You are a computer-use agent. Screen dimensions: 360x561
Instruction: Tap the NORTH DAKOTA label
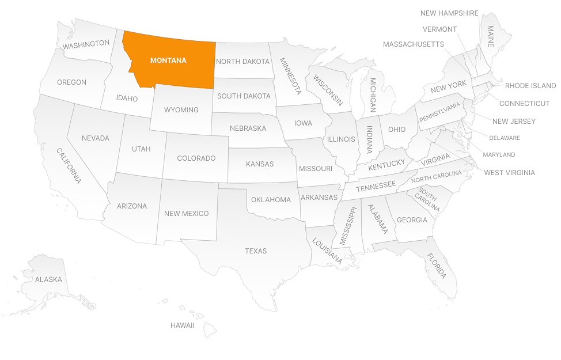click(242, 62)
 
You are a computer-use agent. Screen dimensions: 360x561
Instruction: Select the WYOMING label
click(181, 110)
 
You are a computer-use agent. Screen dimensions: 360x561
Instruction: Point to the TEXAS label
click(256, 251)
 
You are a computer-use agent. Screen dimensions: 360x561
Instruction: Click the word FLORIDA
click(437, 266)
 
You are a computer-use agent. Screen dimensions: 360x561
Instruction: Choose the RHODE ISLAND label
click(530, 86)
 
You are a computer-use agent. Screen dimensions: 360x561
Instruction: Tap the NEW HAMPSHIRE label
click(449, 13)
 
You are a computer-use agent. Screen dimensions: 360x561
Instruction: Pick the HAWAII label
click(182, 325)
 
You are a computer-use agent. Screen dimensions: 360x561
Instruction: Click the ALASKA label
click(48, 279)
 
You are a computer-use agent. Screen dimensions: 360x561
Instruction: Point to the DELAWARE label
click(505, 138)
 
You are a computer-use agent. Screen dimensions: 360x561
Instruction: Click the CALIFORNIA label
click(69, 166)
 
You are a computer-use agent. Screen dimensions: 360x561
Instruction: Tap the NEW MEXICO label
click(186, 214)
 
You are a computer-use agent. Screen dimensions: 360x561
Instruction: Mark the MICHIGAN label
click(373, 95)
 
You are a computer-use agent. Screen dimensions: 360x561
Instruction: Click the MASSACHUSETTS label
click(413, 44)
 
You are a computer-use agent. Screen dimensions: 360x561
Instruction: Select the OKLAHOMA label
click(271, 200)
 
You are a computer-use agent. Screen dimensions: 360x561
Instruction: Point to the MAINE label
click(491, 36)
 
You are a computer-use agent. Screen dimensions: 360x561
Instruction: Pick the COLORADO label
click(196, 158)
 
